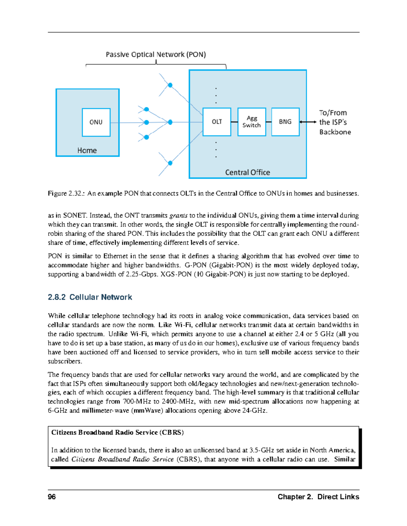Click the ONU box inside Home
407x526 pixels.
click(96, 122)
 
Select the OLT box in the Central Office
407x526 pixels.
click(217, 122)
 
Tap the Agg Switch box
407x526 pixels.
click(252, 122)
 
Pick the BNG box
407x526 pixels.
click(285, 122)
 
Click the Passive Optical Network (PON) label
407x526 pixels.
click(156, 55)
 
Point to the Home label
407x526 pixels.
click(87, 151)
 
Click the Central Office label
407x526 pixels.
click(248, 172)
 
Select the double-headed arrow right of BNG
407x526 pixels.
click(308, 122)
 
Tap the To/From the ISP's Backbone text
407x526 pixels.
click(334, 122)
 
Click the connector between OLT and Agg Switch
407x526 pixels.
click(234, 122)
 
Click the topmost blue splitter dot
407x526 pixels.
click(170, 85)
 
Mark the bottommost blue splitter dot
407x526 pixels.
click(170, 163)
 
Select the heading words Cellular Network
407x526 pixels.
click(101, 297)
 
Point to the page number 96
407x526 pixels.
click(52, 497)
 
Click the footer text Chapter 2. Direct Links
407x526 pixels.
click(318, 497)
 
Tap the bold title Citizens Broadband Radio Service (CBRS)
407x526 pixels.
click(117, 433)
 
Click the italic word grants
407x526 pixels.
click(178, 216)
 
